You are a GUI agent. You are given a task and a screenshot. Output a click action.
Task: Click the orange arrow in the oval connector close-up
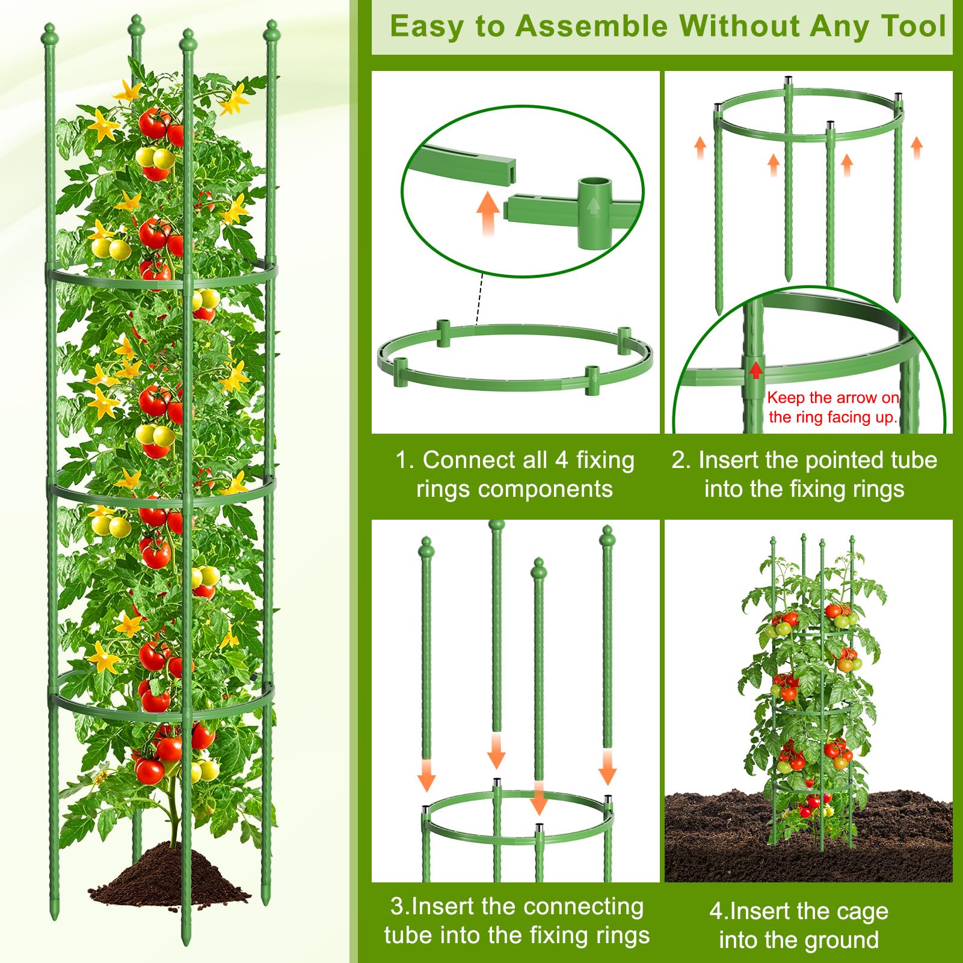488,214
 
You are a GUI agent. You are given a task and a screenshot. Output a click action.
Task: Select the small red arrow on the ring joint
756,370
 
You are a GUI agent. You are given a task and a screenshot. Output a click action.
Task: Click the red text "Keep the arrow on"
833,398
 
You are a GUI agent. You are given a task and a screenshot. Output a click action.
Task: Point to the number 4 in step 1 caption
561,460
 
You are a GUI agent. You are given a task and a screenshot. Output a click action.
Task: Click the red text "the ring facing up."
833,417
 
